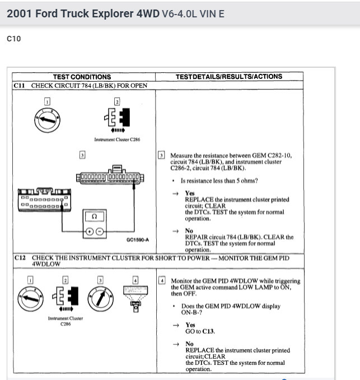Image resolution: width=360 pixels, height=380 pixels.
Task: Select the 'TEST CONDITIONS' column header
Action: point(82,77)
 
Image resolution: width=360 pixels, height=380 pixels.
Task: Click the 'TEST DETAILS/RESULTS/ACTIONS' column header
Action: point(228,77)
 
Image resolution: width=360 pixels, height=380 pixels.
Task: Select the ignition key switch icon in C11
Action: point(47,119)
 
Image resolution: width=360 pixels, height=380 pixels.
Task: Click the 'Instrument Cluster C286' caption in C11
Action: point(116,140)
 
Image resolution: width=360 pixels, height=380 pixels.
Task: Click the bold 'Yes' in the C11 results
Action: point(190,193)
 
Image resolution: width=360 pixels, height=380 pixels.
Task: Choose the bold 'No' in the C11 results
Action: point(189,231)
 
